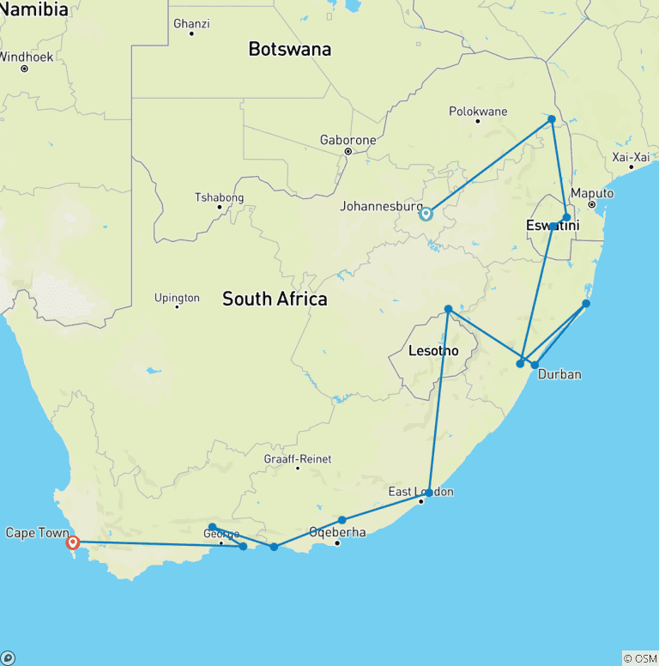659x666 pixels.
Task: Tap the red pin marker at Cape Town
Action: (73, 542)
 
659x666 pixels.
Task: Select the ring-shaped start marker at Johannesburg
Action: (426, 214)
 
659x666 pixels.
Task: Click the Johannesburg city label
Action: (381, 207)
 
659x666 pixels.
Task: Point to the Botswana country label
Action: (289, 49)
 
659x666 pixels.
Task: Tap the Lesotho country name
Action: (433, 351)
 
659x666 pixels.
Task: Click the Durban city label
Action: (560, 374)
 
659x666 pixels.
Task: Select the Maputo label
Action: (592, 193)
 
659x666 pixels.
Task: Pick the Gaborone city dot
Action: (348, 152)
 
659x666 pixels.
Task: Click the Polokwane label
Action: (478, 112)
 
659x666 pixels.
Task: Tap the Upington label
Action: (177, 298)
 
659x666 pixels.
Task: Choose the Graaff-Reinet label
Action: (298, 459)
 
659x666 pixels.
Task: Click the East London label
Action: (420, 492)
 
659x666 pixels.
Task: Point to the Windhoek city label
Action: (26, 57)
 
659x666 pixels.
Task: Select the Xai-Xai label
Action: (631, 157)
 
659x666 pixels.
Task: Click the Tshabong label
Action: (219, 197)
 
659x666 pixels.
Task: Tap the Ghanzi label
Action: (191, 23)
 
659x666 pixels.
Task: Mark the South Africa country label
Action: (275, 299)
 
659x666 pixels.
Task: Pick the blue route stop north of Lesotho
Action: (448, 309)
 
